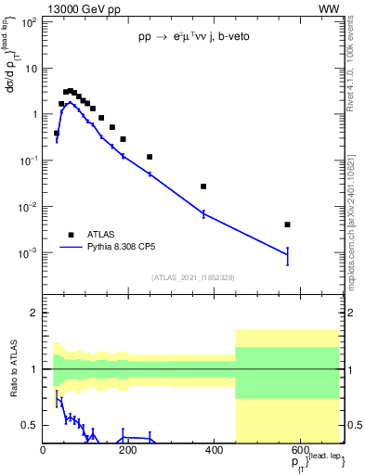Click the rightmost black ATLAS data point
288,225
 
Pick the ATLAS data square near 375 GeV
203,186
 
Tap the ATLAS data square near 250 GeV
150,157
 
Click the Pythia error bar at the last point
288,255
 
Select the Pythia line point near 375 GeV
203,213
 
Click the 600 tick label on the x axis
299,451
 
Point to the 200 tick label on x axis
129,451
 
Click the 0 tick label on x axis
44,451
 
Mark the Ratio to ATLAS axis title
14,371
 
